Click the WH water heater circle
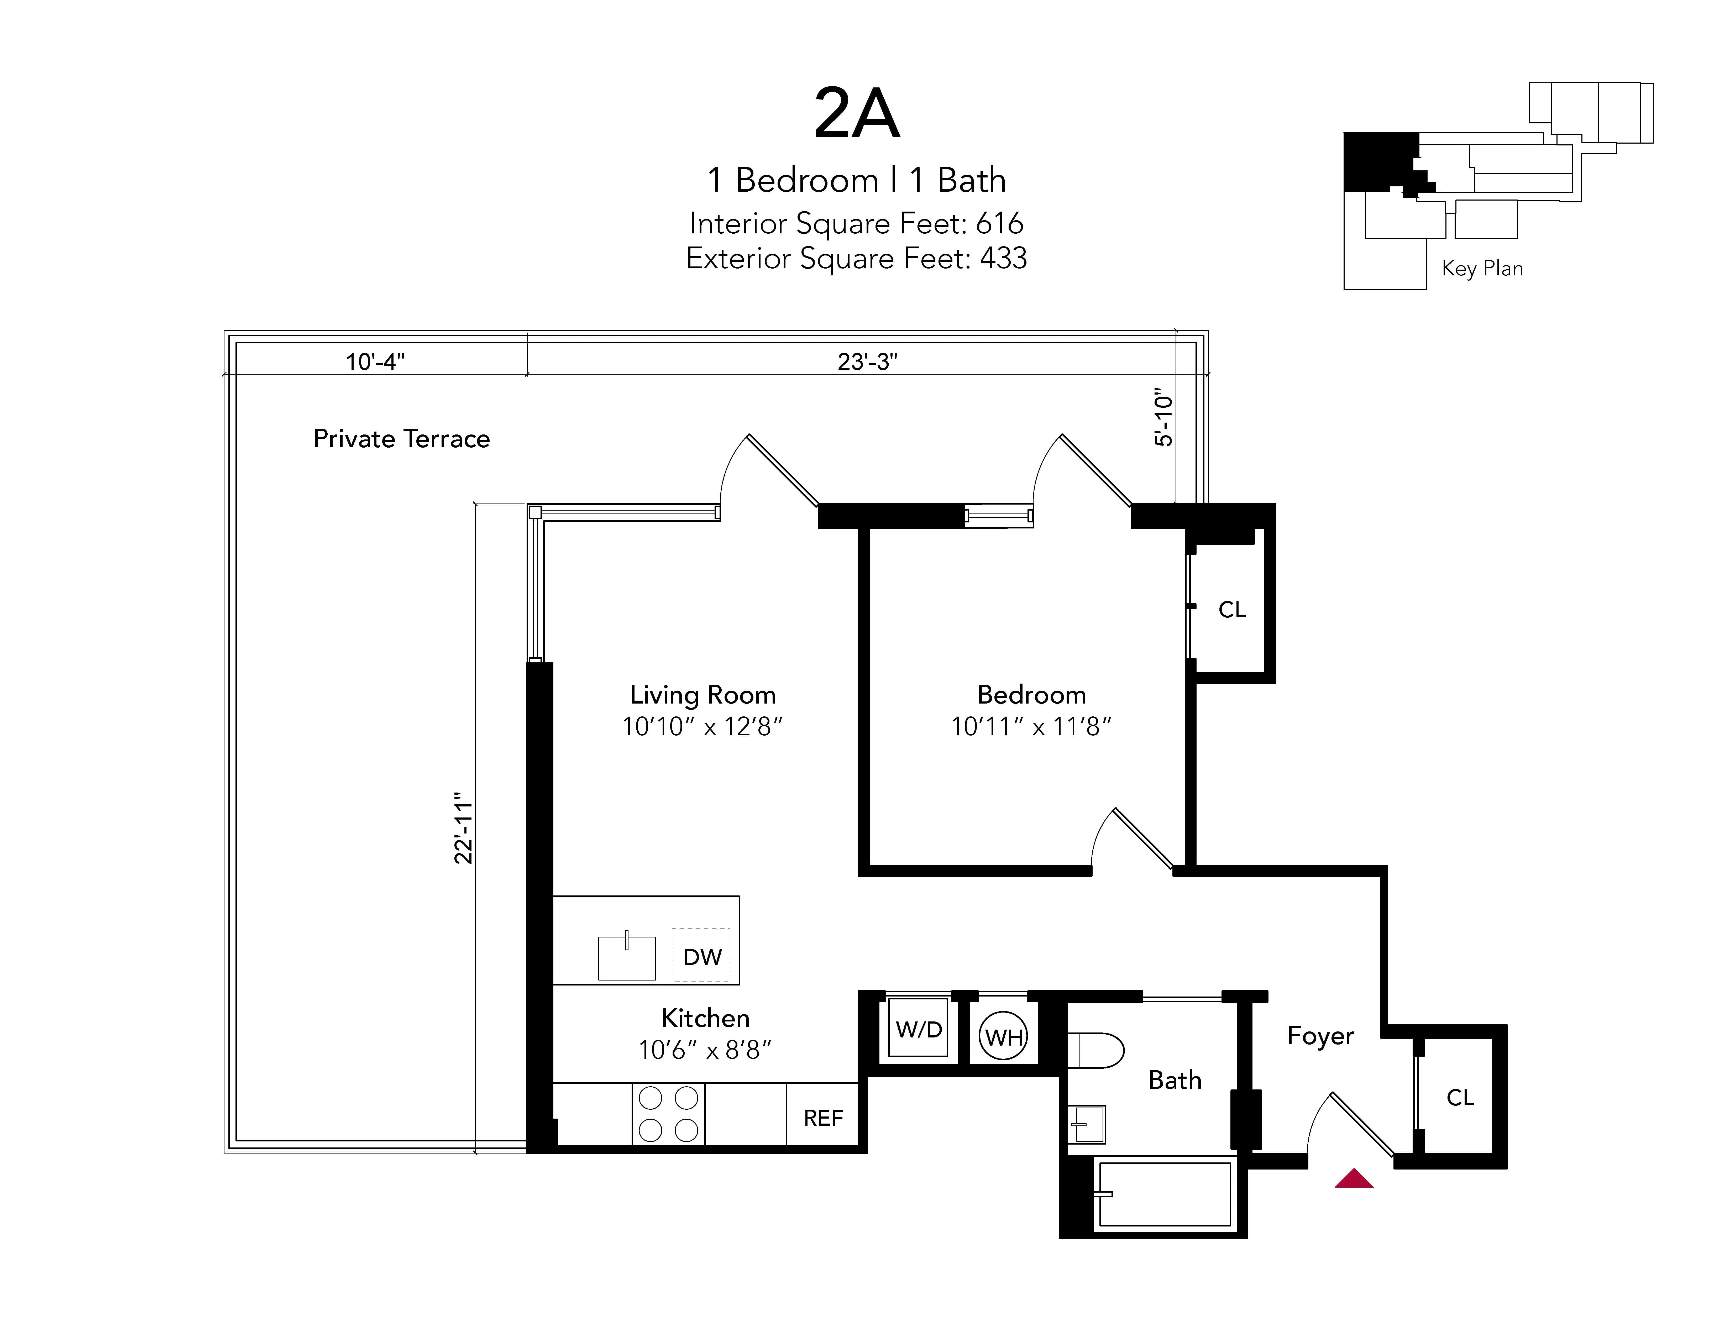[x=1004, y=1037]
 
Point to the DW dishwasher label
[x=702, y=957]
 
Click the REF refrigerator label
[x=823, y=1118]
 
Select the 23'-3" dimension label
[x=867, y=362]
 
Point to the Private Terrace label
[x=402, y=439]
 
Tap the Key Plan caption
[x=1482, y=269]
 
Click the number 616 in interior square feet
[x=1000, y=223]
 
